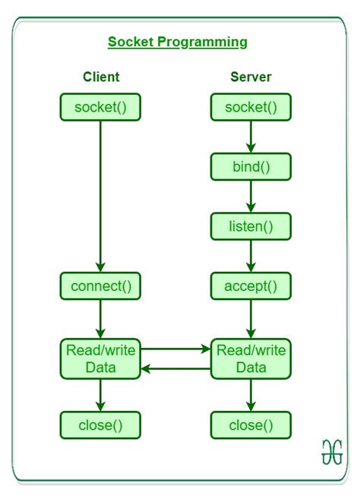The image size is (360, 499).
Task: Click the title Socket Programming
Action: tap(177, 42)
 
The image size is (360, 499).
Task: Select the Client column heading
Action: tap(101, 77)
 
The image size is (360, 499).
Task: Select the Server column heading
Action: tap(251, 77)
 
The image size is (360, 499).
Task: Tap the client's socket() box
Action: tap(101, 107)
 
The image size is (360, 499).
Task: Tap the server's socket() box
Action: tap(251, 107)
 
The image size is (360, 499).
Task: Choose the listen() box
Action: tap(251, 225)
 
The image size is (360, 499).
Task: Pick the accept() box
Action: tap(251, 286)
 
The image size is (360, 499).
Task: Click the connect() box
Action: tap(101, 286)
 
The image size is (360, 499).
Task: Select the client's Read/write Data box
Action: tap(101, 358)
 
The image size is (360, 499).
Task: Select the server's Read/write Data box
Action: tap(251, 358)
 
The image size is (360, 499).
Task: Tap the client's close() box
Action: tap(101, 424)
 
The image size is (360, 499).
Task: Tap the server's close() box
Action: tap(251, 424)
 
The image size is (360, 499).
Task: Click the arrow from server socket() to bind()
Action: tap(251, 136)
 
